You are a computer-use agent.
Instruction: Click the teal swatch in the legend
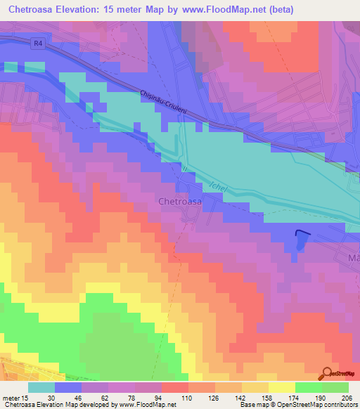point(41,387)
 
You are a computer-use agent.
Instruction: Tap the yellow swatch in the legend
point(281,387)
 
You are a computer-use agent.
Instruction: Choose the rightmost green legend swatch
point(335,387)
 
